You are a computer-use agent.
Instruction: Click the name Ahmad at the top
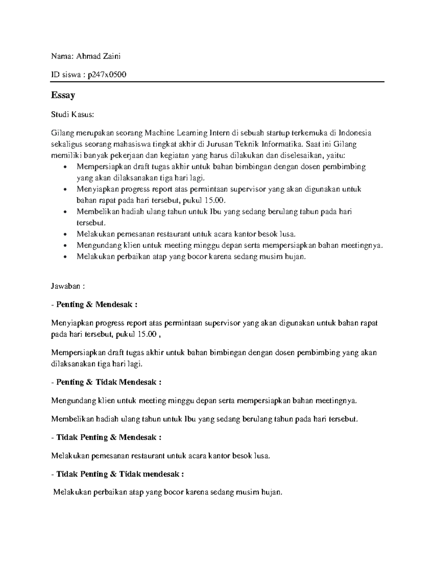tap(88, 56)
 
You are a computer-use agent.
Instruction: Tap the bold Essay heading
tap(63, 95)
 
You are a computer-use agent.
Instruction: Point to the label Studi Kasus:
tap(72, 115)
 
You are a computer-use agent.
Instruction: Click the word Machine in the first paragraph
tap(157, 133)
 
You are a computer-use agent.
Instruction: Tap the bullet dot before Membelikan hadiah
tap(65, 212)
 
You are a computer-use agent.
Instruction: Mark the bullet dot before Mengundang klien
tap(65, 246)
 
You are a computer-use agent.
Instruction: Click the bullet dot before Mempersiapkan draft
tap(65, 167)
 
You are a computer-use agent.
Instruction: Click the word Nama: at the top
tap(62, 56)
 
